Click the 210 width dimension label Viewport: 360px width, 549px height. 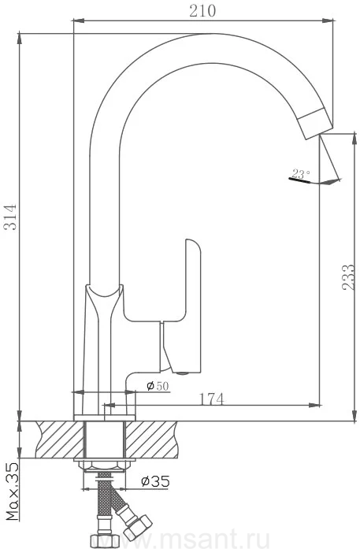202,11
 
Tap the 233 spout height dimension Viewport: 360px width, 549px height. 348,277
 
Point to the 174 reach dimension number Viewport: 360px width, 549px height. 211,399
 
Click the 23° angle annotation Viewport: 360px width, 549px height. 300,174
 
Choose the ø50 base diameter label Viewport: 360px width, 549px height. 158,386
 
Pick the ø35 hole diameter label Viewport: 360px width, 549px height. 155,481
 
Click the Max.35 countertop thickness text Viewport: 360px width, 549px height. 13,492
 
